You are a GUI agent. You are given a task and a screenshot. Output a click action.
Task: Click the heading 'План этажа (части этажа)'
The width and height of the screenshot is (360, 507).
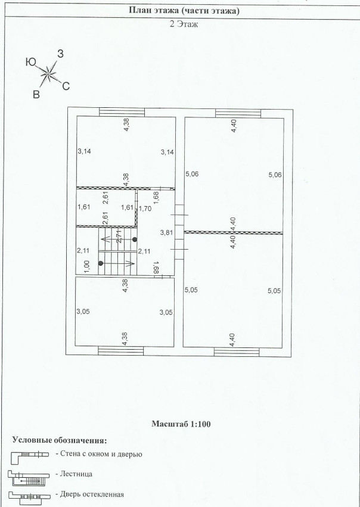click(180, 10)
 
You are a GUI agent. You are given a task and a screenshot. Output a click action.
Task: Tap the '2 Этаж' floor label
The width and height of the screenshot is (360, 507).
click(180, 25)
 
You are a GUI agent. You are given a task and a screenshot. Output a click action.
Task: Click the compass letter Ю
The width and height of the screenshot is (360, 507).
click(31, 61)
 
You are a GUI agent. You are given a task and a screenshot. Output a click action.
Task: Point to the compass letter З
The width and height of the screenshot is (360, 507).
click(60, 54)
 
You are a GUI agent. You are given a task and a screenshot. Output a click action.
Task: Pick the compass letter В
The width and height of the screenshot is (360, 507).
click(36, 94)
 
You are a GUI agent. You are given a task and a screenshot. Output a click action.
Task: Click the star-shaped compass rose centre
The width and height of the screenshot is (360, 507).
click(48, 74)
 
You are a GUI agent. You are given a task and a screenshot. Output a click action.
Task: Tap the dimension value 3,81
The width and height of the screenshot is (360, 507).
click(166, 232)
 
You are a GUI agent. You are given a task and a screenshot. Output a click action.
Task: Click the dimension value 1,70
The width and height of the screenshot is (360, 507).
click(145, 209)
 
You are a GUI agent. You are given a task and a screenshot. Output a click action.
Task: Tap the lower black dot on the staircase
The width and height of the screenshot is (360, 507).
click(101, 263)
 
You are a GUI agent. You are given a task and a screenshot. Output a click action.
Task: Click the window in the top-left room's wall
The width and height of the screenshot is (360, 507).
click(117, 111)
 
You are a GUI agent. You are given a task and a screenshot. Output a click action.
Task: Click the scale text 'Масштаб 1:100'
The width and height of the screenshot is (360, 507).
click(180, 424)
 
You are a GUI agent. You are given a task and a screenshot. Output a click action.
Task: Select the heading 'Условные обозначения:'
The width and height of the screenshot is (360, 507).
click(60, 440)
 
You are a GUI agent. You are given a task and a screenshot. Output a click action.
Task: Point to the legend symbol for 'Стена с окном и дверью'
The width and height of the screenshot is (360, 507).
click(29, 455)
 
